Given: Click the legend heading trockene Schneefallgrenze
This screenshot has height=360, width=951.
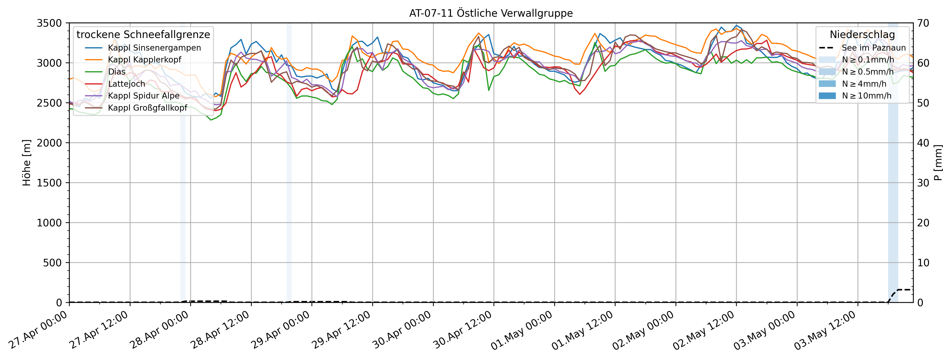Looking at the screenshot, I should (x=143, y=34).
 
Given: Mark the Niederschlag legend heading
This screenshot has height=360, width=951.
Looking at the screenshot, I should (x=862, y=34).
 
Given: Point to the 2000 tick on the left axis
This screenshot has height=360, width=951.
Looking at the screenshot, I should (x=49, y=143).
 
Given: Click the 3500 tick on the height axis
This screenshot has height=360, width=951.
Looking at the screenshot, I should (x=49, y=23).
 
